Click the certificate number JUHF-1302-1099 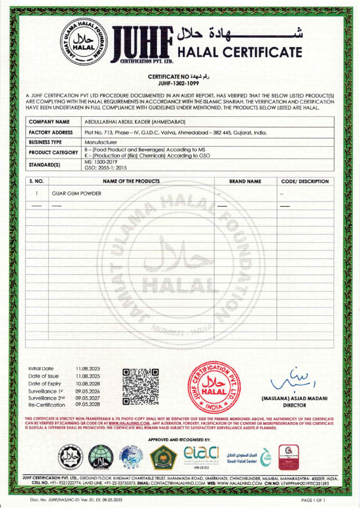click(x=179, y=83)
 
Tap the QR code click(x=141, y=387)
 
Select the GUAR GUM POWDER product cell click(x=76, y=193)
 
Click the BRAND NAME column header click(x=245, y=182)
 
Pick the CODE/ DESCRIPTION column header click(x=304, y=182)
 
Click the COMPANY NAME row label click(x=49, y=121)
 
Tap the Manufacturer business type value click(x=100, y=143)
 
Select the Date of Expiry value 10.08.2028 click(x=88, y=383)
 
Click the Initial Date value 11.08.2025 click(x=88, y=369)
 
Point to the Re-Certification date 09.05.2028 click(x=88, y=404)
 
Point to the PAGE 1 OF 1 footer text click(x=313, y=500)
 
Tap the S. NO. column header click(x=38, y=182)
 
